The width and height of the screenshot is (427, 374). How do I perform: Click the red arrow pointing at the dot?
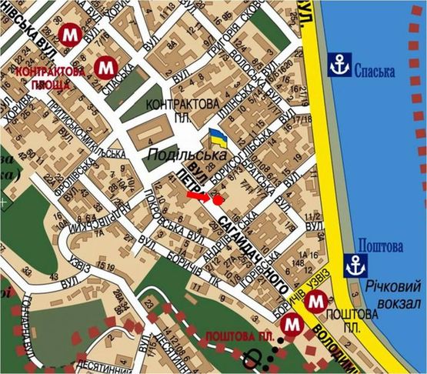click(198, 197)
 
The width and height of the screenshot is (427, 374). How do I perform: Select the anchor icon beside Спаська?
click(339, 66)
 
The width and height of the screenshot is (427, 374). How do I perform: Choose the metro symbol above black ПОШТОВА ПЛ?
click(315, 303)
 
